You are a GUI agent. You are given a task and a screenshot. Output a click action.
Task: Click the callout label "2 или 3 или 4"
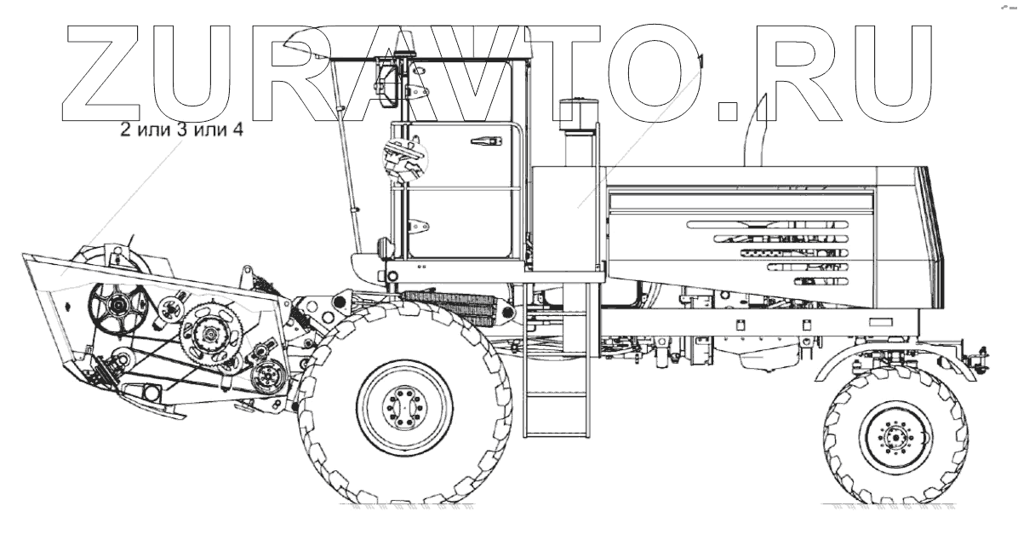[182, 129]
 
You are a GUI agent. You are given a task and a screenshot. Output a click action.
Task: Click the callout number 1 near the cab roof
[701, 61]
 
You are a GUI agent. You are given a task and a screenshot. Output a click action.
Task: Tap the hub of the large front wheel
[403, 406]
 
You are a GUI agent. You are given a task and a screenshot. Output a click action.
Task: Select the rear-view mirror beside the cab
[389, 84]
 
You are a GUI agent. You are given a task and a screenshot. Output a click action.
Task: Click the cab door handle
[486, 141]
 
